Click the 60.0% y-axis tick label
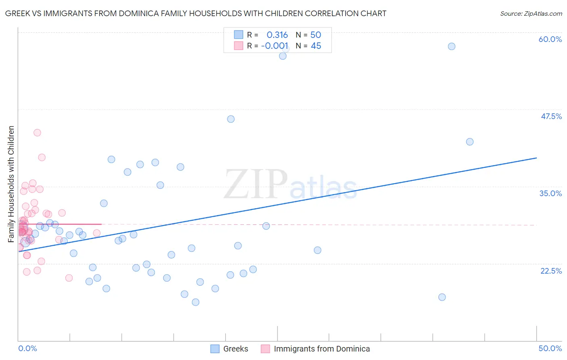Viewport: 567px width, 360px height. (x=550, y=39)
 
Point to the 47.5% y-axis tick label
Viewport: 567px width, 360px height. (x=551, y=116)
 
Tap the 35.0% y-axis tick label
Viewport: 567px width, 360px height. (x=550, y=193)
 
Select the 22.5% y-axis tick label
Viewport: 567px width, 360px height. (x=551, y=271)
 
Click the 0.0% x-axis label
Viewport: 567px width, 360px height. (x=27, y=348)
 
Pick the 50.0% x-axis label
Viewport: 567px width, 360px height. (x=550, y=348)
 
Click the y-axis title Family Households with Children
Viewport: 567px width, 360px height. (x=11, y=184)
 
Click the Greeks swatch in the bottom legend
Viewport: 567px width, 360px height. (x=215, y=349)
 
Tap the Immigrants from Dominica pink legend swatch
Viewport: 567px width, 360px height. (x=265, y=349)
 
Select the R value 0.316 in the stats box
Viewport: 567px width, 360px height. (x=277, y=35)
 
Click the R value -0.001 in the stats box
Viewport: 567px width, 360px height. (x=275, y=46)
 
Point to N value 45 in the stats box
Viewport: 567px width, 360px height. (x=316, y=46)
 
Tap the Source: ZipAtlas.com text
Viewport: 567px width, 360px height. (x=531, y=13)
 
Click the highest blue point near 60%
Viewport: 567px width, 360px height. (x=452, y=46)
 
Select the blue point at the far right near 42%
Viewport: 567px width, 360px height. (x=470, y=142)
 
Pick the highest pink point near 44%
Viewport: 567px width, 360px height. (x=37, y=132)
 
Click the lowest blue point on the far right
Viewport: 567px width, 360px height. (x=442, y=297)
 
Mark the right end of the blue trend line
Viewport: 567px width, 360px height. (x=536, y=158)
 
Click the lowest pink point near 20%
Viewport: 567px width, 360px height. (x=69, y=278)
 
